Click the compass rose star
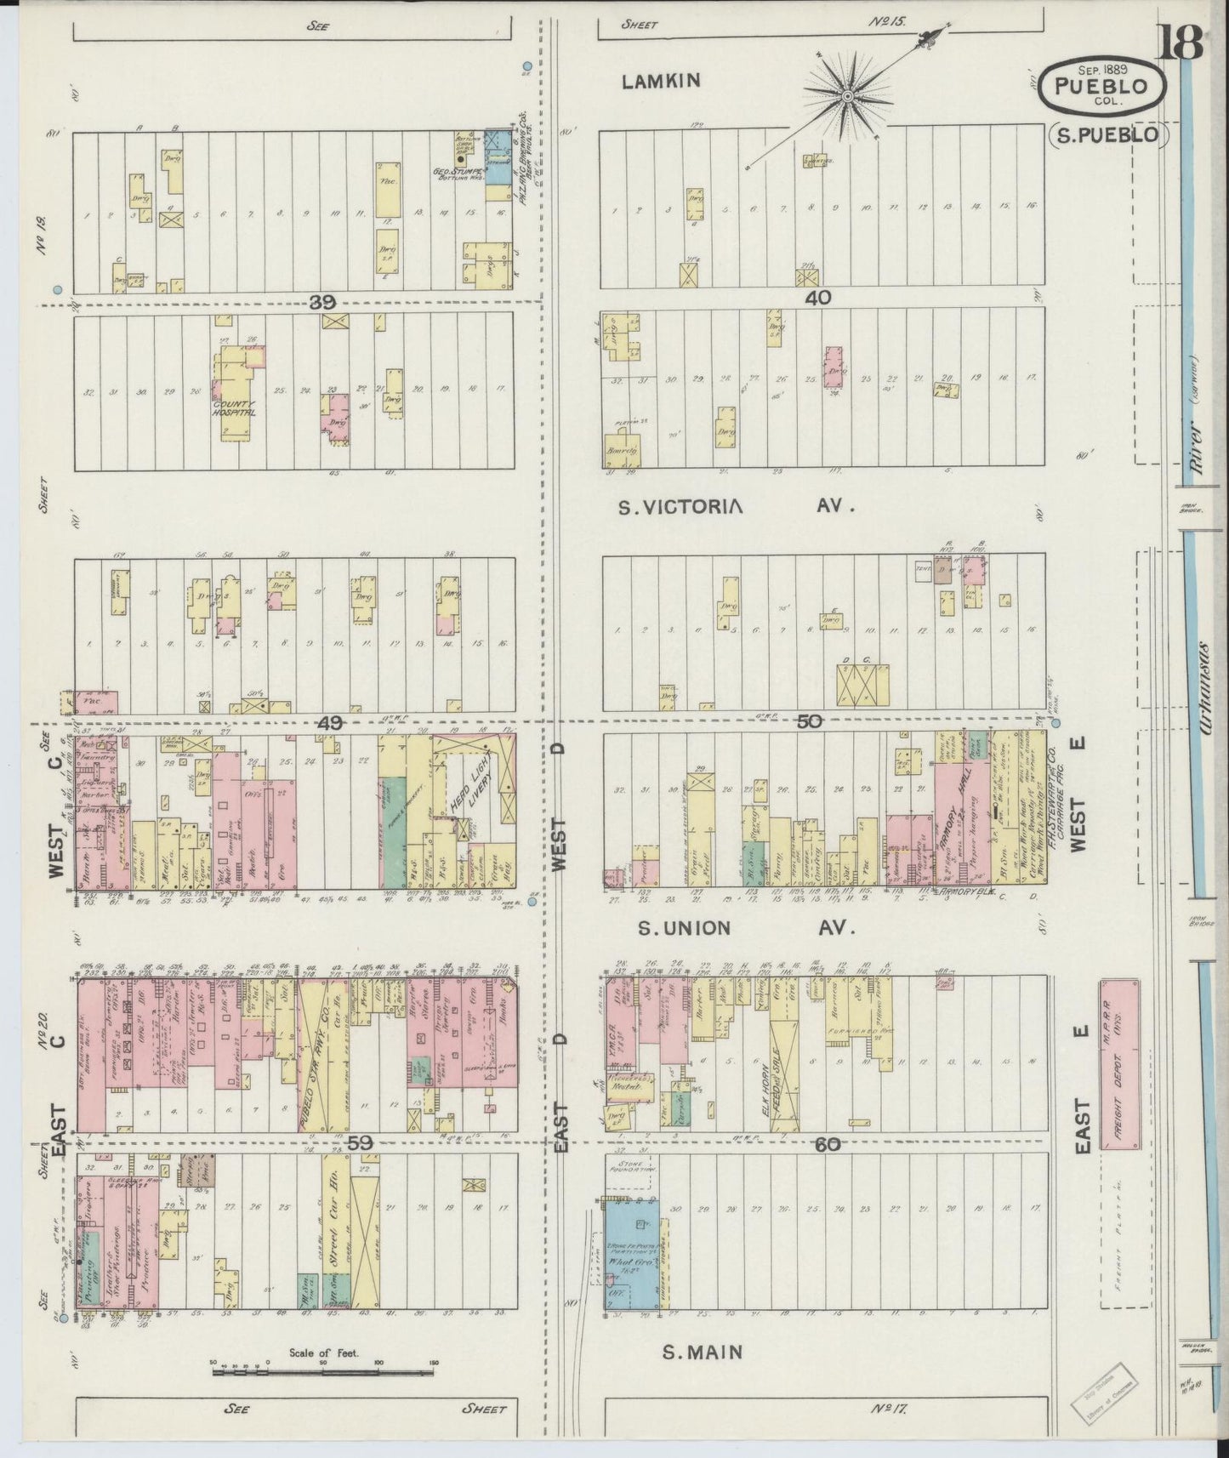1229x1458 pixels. pos(847,97)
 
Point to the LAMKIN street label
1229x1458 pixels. pos(660,81)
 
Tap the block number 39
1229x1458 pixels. pos(323,302)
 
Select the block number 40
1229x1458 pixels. pos(822,299)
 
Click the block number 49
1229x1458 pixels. pos(329,722)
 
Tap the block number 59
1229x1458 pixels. pos(360,1144)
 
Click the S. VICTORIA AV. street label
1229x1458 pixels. pos(735,507)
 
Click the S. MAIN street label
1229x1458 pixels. pos(703,1352)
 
